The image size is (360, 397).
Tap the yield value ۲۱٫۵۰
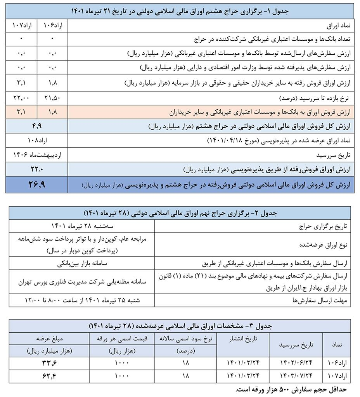tap(52, 97)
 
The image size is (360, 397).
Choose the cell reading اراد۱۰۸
tap(37, 140)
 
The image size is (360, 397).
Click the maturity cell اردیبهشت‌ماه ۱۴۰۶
tap(37, 154)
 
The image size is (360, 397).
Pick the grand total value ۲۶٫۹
tap(37, 185)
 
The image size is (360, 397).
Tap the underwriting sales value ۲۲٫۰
tap(37, 169)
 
